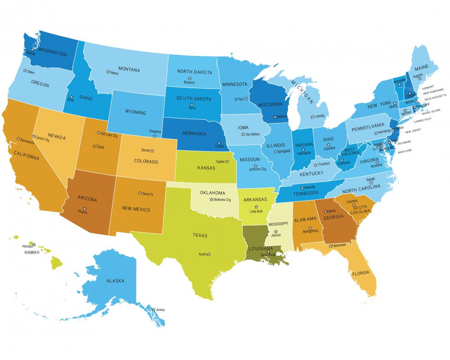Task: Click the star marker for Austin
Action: click(208, 255)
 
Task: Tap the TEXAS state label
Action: click(200, 235)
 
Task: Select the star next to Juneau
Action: click(154, 309)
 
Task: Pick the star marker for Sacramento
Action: click(18, 139)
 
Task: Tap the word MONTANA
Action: click(128, 70)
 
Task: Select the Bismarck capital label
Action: click(189, 82)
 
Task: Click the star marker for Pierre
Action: click(191, 103)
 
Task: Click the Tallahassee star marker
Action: click(330, 246)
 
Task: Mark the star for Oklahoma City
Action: click(211, 199)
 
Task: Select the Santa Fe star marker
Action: click(139, 193)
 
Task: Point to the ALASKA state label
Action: click(115, 280)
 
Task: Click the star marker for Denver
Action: click(152, 150)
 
